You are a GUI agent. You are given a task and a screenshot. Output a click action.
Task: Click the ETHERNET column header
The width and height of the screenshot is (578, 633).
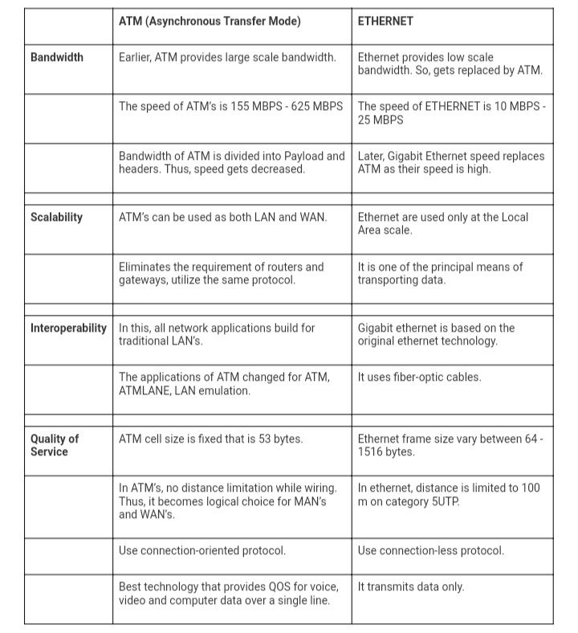[386, 22]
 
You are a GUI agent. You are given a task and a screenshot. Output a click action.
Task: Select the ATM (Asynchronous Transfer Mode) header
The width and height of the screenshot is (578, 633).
[210, 22]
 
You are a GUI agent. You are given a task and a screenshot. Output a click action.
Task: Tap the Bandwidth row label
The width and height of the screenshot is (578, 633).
[57, 58]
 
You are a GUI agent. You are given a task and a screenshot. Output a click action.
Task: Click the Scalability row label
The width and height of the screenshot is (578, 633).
[57, 217]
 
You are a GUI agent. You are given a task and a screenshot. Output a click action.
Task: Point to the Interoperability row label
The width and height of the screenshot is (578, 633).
[68, 328]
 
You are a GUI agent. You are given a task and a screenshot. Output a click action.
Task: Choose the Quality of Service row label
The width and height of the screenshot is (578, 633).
[55, 445]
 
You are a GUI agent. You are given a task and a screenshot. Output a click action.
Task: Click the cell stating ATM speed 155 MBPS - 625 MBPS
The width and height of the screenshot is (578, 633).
[230, 106]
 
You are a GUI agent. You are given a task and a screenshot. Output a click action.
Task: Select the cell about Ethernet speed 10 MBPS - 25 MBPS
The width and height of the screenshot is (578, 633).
[450, 113]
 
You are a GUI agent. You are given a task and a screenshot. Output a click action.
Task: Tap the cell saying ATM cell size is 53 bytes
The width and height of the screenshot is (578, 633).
[210, 439]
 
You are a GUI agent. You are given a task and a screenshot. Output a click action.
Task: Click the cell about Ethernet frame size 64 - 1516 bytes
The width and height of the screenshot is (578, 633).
[450, 445]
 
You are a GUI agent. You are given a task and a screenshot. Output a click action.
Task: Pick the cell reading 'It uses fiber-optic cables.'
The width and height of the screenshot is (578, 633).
[419, 377]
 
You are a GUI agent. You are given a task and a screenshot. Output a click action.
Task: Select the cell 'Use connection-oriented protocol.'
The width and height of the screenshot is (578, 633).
[202, 550]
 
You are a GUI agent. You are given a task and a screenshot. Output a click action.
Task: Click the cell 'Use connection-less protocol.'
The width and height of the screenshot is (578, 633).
[431, 550]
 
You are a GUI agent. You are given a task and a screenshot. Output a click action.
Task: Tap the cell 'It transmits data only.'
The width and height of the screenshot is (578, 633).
[411, 586]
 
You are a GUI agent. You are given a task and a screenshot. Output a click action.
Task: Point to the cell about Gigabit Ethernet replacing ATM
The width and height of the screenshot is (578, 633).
[450, 162]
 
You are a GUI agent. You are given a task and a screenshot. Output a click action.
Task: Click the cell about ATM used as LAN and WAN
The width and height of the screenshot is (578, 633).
[222, 217]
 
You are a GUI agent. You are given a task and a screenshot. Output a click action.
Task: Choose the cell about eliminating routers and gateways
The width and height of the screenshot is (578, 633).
[222, 273]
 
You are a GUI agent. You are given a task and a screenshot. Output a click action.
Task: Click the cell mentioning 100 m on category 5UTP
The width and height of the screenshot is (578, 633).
[449, 494]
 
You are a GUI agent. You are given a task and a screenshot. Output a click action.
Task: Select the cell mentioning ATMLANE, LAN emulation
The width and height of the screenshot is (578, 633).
[224, 383]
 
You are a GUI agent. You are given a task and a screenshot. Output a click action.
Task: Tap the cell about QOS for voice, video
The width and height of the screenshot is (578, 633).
[229, 594]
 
